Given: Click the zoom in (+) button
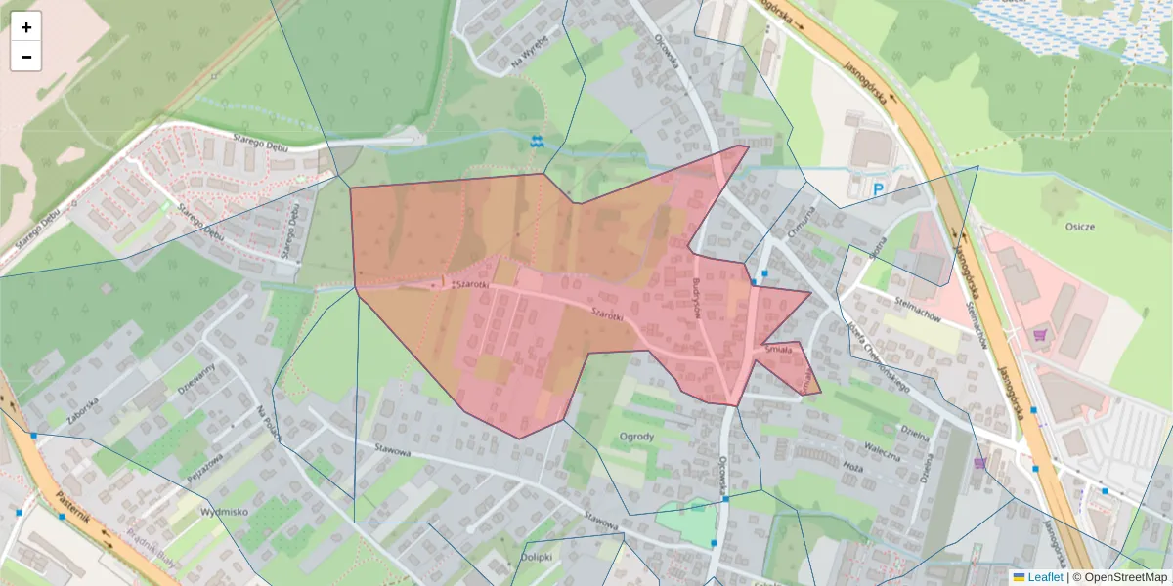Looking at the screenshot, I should pos(25,27).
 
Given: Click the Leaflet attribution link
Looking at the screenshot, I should pos(1044,577).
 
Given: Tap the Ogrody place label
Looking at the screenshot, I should pos(636,436).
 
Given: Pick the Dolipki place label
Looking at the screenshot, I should pos(537,558).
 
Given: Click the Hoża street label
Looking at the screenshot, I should pos(852,468).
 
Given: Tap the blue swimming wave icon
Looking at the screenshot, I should pos(537,142).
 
